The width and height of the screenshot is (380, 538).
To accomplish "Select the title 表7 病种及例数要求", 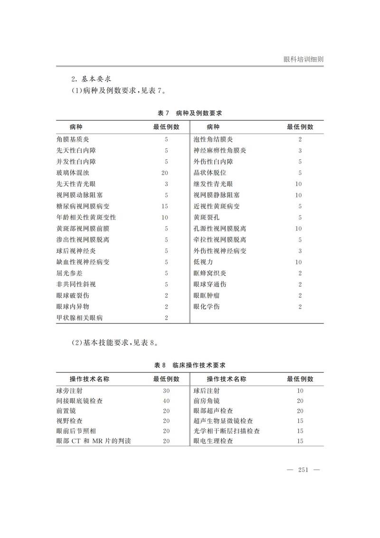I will coord(190,113).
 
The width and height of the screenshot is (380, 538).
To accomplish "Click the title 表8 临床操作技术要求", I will coord(190,365).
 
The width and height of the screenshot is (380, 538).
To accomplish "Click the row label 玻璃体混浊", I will coord(73,173).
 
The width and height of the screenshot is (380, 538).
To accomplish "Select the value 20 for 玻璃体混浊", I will coord(166,173).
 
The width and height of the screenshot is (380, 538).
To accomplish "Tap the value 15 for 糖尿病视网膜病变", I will coord(166,206).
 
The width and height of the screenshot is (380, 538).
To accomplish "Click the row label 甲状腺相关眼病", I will coord(79,318).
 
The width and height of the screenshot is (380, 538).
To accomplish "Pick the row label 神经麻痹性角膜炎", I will coord(220,151).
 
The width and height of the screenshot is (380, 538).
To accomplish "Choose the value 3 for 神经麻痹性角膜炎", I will coord(300,151).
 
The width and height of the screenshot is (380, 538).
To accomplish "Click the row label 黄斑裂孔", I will coord(206,217).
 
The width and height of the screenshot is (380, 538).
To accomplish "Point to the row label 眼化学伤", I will coord(206,307).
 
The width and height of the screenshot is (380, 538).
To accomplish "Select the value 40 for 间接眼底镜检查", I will coord(166,401).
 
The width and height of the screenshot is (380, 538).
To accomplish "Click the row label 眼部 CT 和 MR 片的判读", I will coord(94,441).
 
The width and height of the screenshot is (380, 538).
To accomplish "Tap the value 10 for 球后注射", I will coord(300,391).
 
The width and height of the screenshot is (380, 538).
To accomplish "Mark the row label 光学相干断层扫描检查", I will coord(227,431).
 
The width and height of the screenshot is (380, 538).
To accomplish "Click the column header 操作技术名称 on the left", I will coord(90,379).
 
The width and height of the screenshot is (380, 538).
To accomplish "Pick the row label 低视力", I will coord(203,262).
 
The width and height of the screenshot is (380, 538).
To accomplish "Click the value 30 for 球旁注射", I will coord(166,391).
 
